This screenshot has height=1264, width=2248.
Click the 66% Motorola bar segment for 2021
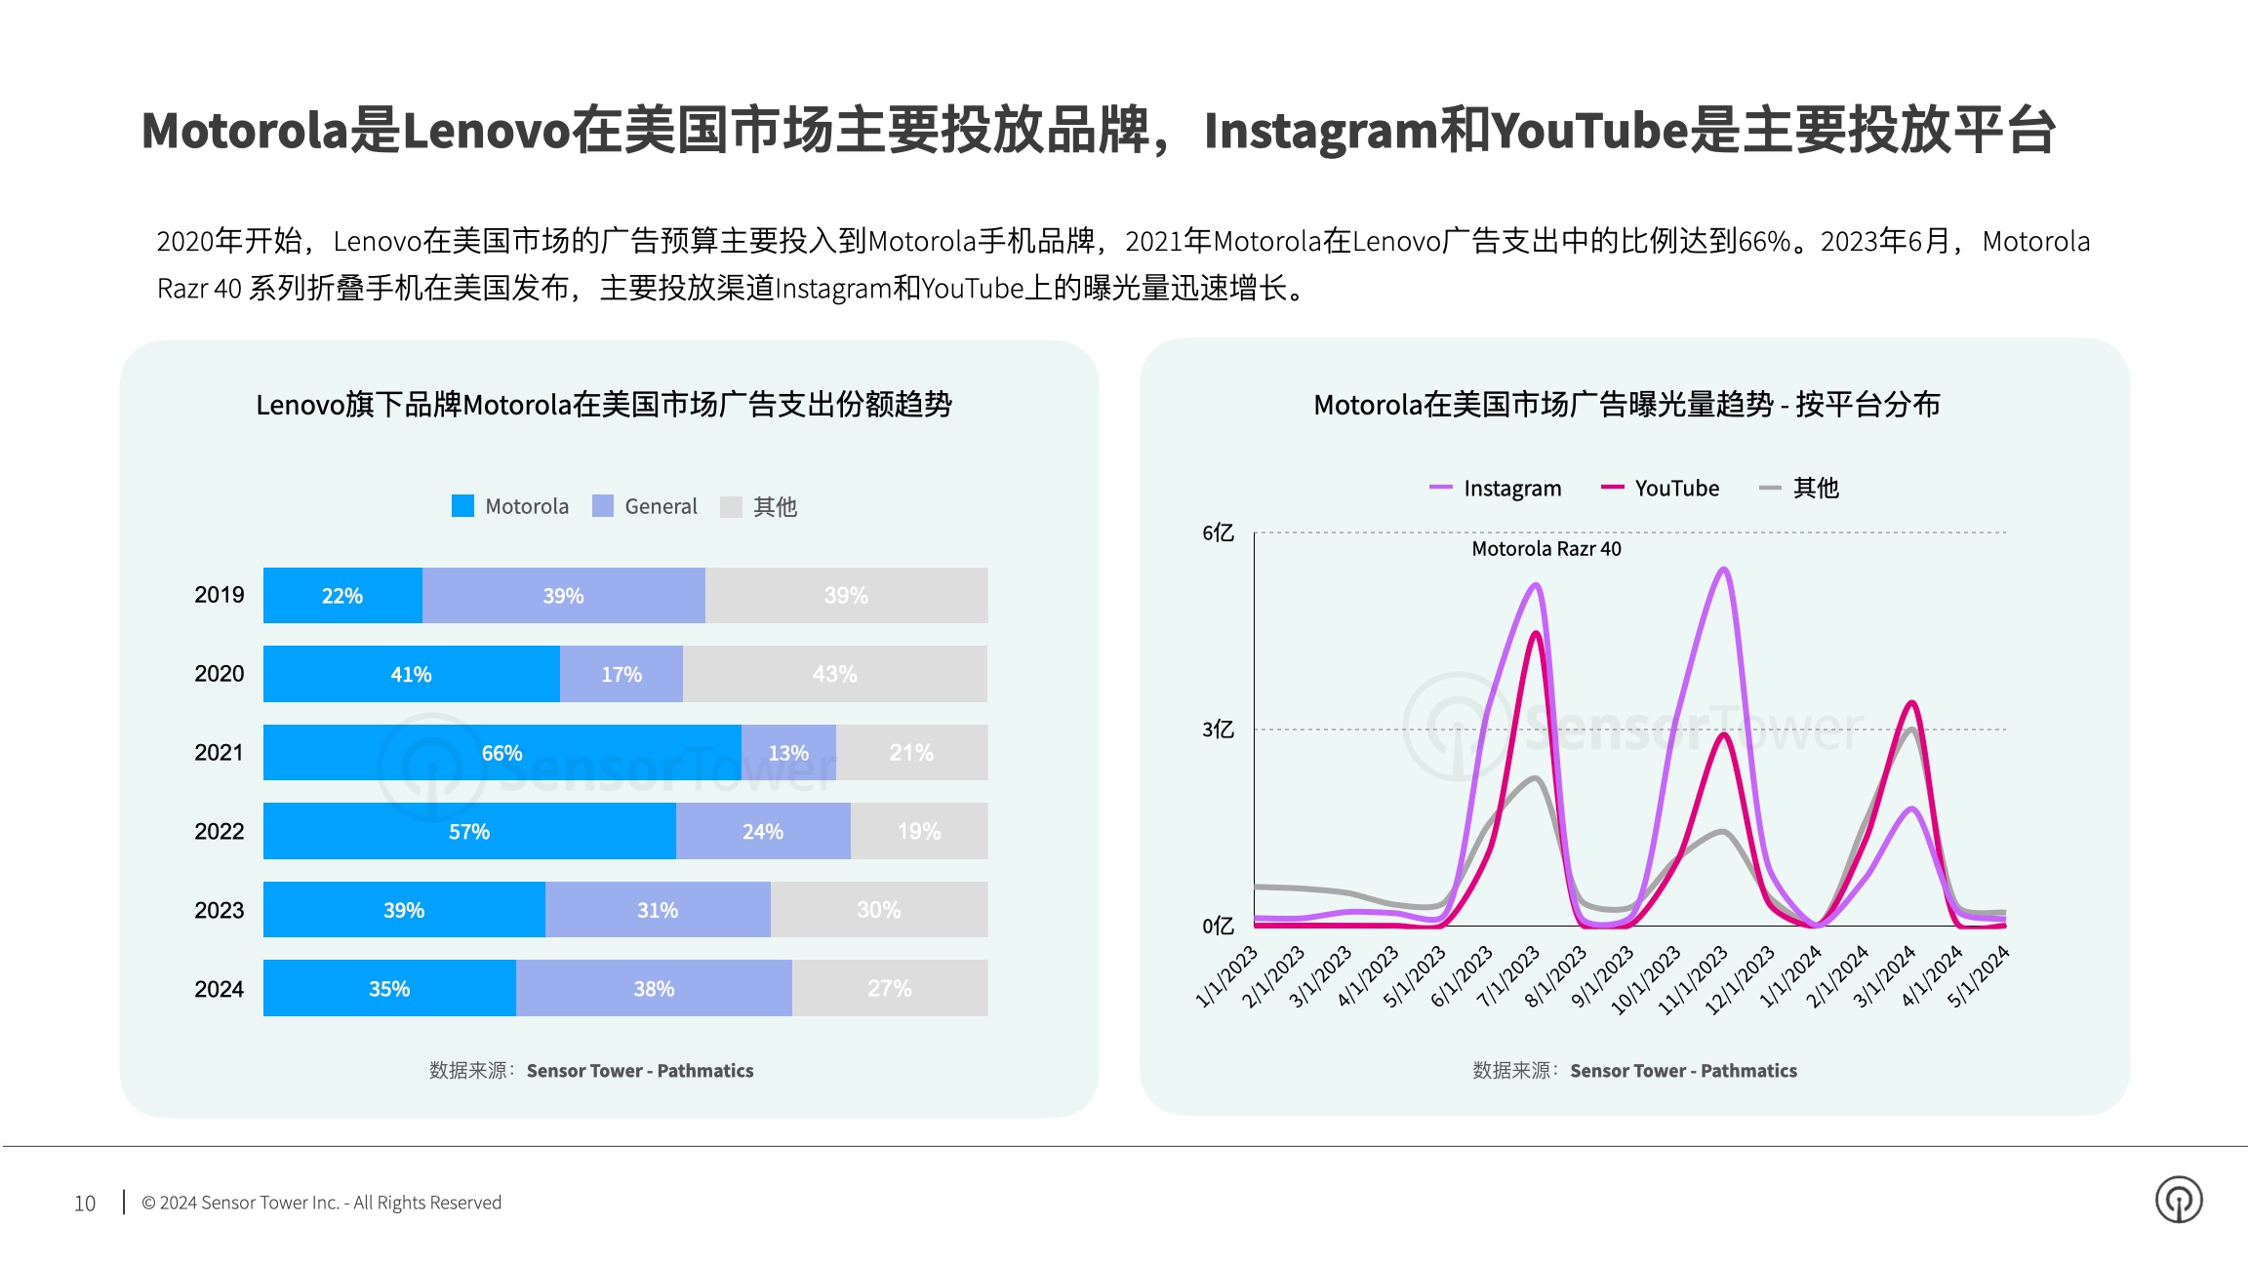(x=502, y=752)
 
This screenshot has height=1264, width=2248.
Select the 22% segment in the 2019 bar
(x=342, y=595)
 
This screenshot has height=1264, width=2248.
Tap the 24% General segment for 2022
(x=762, y=831)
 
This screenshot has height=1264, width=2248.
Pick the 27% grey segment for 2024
(x=889, y=988)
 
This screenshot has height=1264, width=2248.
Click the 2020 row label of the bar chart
(x=220, y=674)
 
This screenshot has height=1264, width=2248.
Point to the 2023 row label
(x=220, y=910)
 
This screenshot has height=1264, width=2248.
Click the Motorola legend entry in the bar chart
(x=510, y=506)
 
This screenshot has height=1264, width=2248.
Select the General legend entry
(x=645, y=506)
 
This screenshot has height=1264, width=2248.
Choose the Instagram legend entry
(x=1495, y=488)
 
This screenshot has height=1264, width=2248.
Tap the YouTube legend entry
(x=1661, y=488)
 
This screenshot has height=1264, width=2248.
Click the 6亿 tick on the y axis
(x=1218, y=533)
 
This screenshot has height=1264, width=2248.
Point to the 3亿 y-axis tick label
(x=1218, y=730)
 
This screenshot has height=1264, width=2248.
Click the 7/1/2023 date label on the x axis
(x=1508, y=975)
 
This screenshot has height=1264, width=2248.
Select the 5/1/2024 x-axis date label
(x=1979, y=975)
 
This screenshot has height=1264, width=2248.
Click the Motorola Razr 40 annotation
(x=1546, y=549)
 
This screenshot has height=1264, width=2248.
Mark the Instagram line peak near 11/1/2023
(x=1724, y=569)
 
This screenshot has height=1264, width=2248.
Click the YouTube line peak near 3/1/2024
(x=1912, y=702)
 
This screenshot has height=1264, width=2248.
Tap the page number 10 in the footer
(x=85, y=1204)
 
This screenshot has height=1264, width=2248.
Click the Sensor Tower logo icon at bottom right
(x=2179, y=1200)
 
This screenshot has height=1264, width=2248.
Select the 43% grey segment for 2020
(x=834, y=674)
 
